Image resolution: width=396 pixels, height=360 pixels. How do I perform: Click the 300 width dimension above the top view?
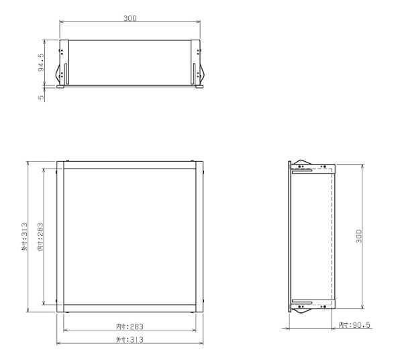tap(130, 18)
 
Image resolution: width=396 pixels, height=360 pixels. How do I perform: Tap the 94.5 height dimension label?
tap(41, 63)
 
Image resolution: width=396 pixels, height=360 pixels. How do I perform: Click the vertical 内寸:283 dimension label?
tap(41, 237)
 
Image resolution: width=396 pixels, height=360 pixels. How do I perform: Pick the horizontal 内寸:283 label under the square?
tap(130, 326)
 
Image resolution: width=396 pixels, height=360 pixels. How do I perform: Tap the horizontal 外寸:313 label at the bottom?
tap(130, 339)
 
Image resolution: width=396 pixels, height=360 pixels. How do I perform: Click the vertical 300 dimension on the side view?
tap(359, 236)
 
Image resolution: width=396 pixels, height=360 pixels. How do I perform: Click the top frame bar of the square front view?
tap(130, 165)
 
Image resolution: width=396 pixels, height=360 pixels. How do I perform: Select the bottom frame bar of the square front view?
tap(130, 308)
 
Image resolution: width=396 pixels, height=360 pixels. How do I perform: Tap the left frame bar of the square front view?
tap(60, 236)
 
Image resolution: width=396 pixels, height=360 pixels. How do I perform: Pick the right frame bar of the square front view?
tap(199, 236)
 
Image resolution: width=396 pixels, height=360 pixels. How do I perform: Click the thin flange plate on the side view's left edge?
tap(290, 236)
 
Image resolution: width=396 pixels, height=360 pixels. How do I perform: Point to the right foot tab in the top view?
tap(200, 87)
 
